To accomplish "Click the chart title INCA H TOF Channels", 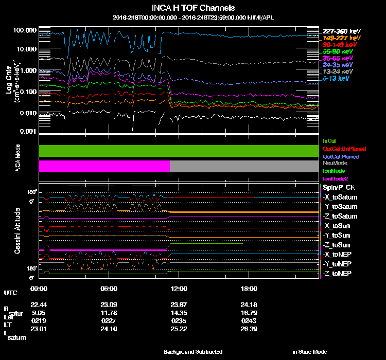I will click(193, 8).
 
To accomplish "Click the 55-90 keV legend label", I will click(338, 51).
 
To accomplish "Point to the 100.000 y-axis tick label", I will click(24, 30).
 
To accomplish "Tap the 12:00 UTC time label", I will click(179, 289).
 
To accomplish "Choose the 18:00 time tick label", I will click(249, 289).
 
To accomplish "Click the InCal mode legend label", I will click(328, 140).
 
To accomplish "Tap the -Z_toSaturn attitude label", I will click(340, 217).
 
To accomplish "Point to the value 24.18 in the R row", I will click(249, 304).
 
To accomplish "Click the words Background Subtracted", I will click(193, 352).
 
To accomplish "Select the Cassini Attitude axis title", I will click(17, 230).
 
